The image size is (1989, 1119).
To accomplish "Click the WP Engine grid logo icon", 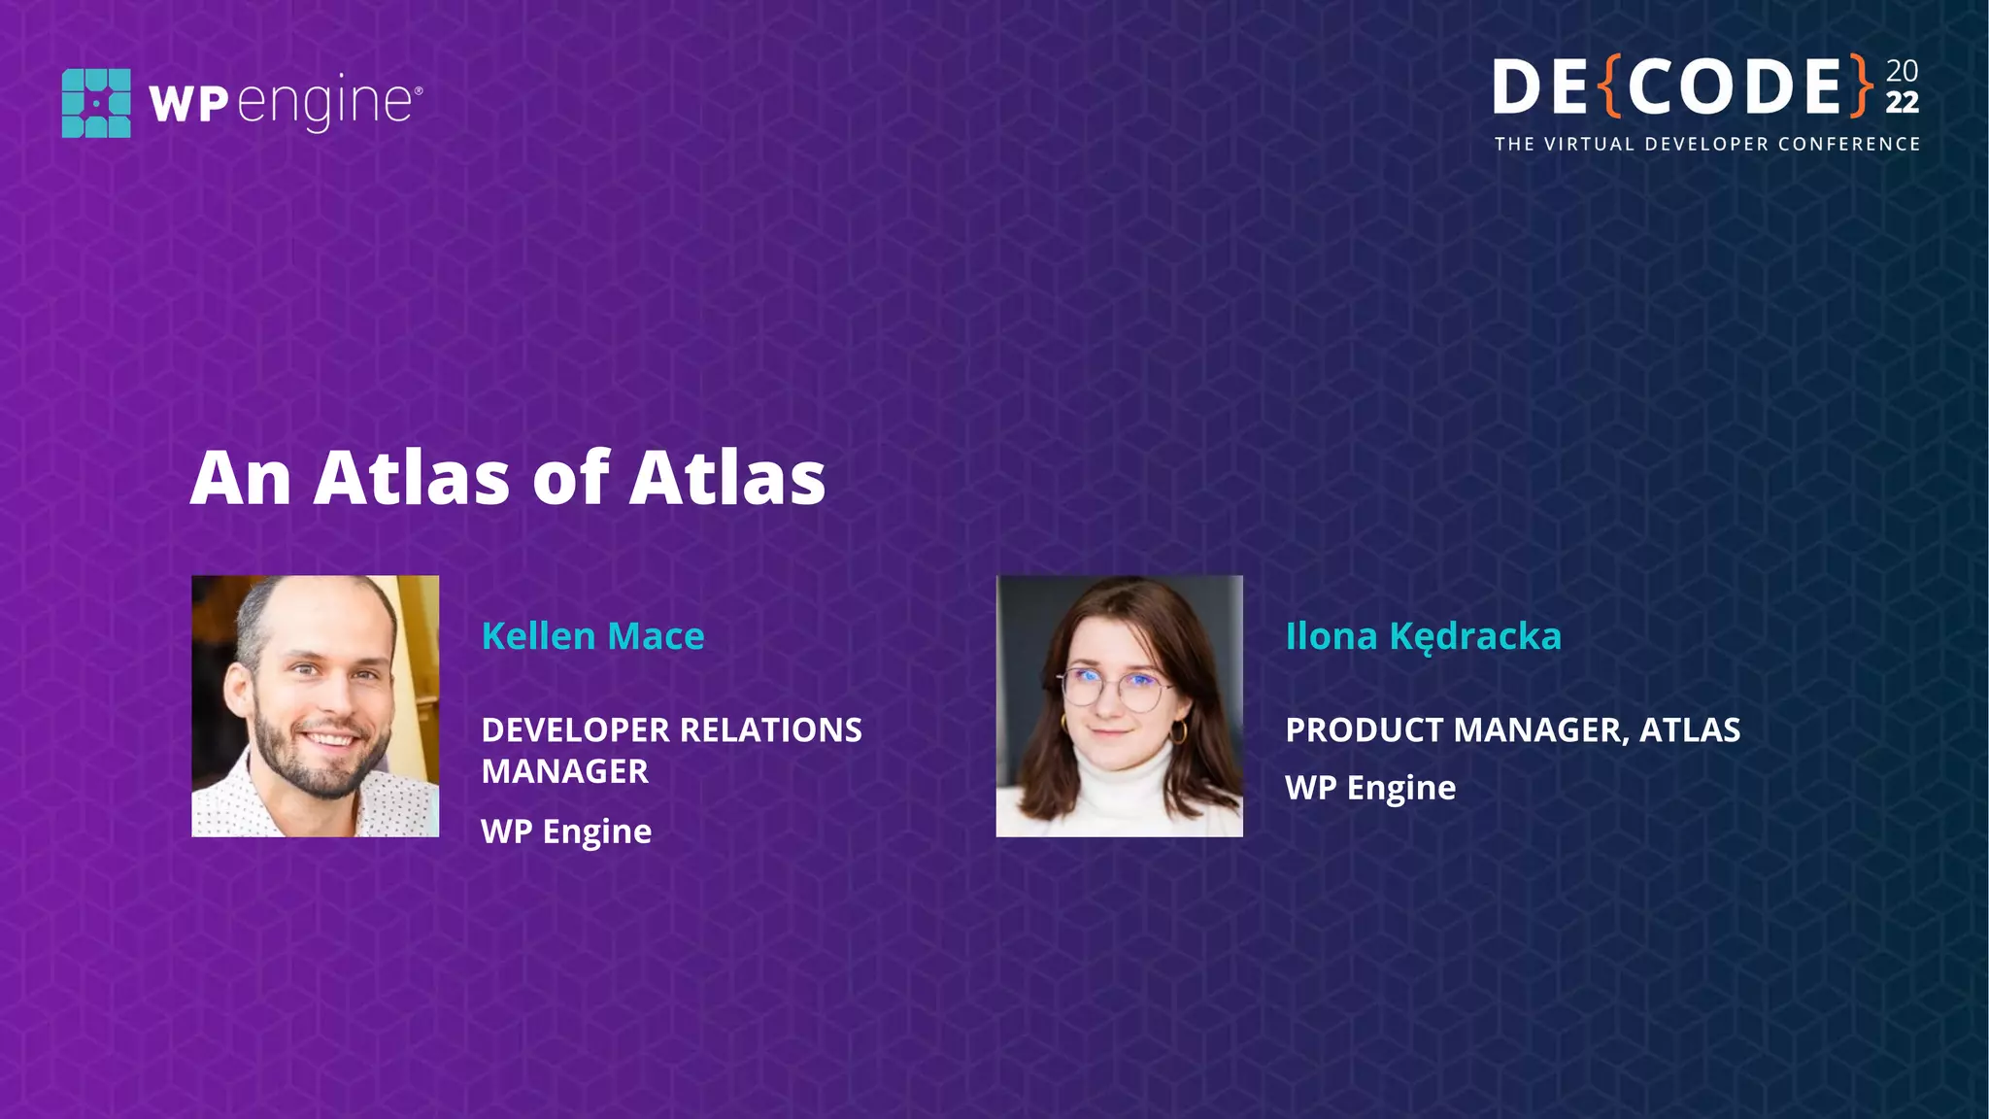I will click(96, 103).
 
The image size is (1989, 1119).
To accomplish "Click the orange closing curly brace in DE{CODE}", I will click(1861, 86).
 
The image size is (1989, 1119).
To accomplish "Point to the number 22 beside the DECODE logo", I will click(1902, 103).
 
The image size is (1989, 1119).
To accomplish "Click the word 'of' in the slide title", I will click(570, 478).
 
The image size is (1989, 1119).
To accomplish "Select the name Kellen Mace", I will click(592, 636).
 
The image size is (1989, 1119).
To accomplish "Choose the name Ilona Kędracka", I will click(1423, 637).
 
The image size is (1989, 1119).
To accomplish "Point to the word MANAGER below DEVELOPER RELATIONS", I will click(564, 772).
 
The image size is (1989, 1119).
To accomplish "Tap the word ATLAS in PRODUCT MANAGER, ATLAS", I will click(1690, 730).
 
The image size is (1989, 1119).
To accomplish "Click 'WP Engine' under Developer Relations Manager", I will click(566, 831).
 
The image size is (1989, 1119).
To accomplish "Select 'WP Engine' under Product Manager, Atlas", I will click(1370, 788).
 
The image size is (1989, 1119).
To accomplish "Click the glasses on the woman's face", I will click(1115, 689).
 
